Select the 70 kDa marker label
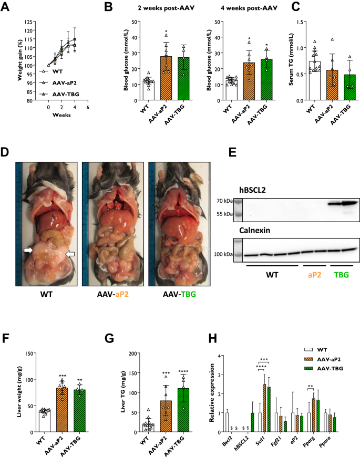tap(227, 201)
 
